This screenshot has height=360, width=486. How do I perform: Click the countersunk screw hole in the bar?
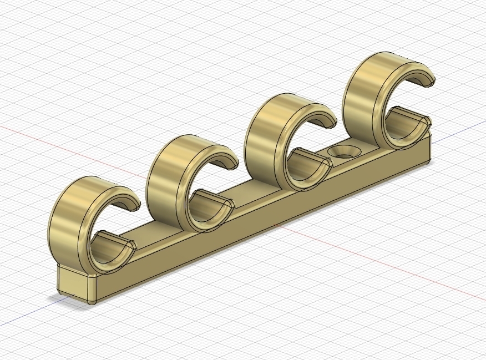344,152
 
